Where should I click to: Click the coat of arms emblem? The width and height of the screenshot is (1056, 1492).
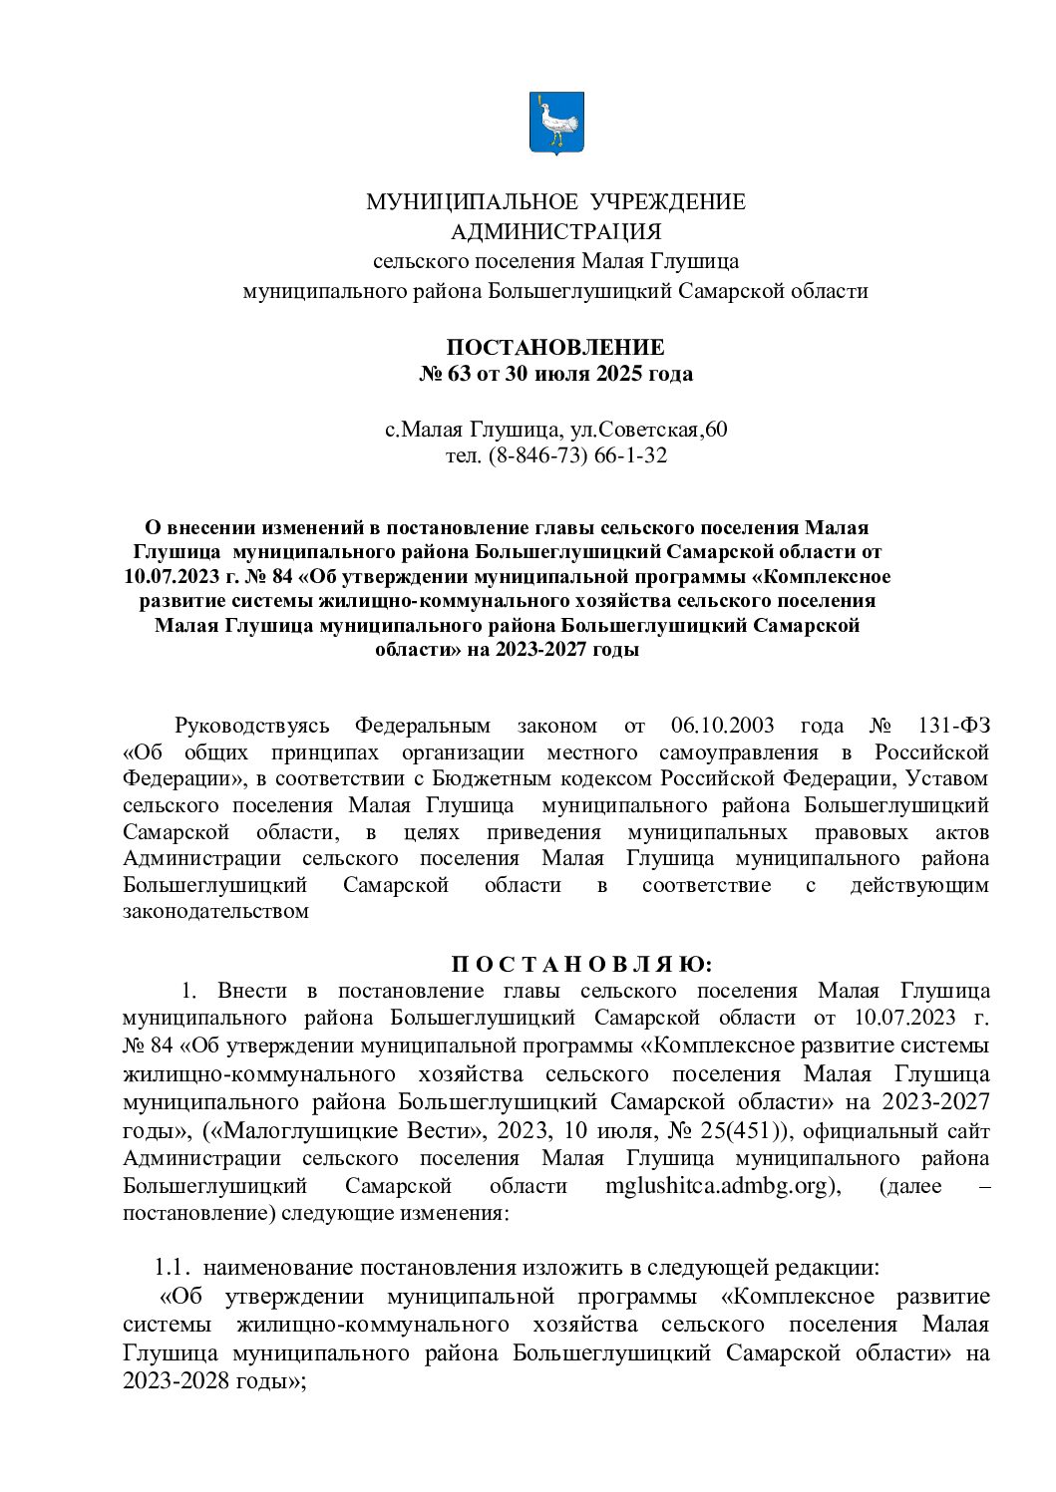[x=555, y=123]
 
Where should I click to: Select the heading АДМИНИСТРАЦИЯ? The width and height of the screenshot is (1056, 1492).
[x=555, y=232]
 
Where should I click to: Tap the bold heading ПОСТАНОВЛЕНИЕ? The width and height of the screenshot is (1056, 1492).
[x=555, y=348]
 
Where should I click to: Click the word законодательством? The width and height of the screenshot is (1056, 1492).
[x=215, y=911]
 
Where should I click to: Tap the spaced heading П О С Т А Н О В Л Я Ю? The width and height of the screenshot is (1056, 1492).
[x=582, y=964]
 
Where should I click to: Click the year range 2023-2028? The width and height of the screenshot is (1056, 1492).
[x=172, y=1381]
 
